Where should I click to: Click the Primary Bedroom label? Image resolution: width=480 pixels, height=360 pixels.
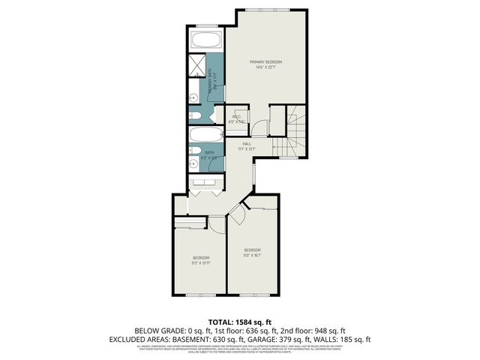[x=268, y=61]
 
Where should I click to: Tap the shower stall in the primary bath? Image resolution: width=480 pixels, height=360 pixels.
[x=196, y=65]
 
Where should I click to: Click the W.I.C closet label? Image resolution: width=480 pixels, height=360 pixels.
[x=235, y=116]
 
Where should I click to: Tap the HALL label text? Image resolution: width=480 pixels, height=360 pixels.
[x=247, y=143]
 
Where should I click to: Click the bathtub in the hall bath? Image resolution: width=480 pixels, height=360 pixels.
[x=204, y=136]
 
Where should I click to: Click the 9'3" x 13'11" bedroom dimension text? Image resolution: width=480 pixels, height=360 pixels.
[x=200, y=262]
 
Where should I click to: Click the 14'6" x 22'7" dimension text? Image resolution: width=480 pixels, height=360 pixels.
[x=268, y=67]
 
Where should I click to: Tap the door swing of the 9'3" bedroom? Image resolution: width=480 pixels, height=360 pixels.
[x=215, y=223]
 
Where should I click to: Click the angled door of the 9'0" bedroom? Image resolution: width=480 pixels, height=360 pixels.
[x=235, y=215]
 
